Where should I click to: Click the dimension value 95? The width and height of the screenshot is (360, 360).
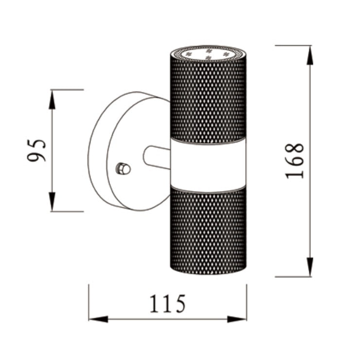[37, 150]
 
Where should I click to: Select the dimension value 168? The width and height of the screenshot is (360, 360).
[295, 161]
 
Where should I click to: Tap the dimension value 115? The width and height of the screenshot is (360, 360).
[167, 304]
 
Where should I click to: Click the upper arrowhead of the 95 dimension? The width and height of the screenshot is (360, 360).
[52, 99]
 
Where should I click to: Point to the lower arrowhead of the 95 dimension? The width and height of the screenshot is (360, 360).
[52, 202]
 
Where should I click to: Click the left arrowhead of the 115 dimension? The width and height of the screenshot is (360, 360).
[98, 319]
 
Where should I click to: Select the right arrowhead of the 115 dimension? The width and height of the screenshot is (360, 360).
[237, 319]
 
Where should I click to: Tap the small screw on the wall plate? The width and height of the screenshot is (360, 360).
[123, 169]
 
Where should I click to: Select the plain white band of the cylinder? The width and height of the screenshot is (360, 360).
[208, 164]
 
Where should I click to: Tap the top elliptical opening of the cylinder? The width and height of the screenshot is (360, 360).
[208, 53]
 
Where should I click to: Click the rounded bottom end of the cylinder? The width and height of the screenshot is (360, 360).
[208, 270]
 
